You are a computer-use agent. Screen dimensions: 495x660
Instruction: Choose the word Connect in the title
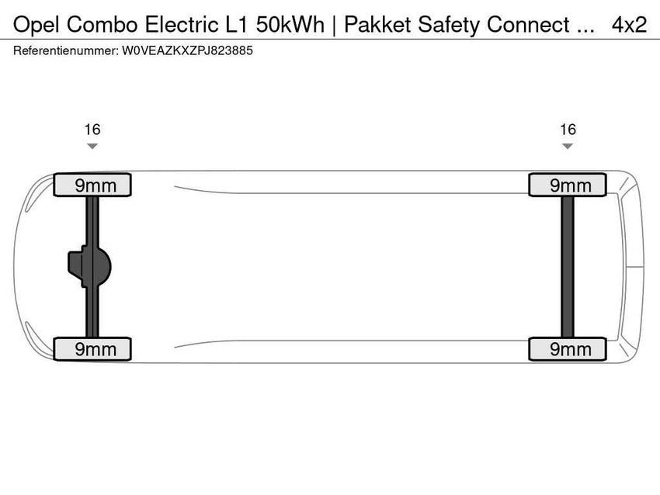pyautogui.click(x=527, y=25)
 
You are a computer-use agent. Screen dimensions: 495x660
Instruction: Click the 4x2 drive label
pyautogui.click(x=629, y=25)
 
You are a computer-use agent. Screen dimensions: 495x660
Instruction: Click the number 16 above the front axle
pyautogui.click(x=92, y=130)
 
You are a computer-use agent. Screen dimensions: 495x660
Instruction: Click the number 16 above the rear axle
pyautogui.click(x=568, y=130)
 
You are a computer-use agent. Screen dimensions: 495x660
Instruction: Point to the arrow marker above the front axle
pyautogui.click(x=92, y=146)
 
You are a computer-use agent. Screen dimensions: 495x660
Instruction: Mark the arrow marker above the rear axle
pyautogui.click(x=568, y=146)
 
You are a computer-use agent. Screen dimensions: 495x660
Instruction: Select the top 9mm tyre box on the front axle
pyautogui.click(x=92, y=185)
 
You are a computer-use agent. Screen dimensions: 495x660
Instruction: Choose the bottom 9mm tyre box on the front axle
pyautogui.click(x=92, y=349)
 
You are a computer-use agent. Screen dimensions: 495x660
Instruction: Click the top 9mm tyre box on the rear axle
pyautogui.click(x=568, y=185)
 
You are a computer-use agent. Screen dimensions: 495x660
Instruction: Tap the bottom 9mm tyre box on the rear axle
pyautogui.click(x=568, y=349)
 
